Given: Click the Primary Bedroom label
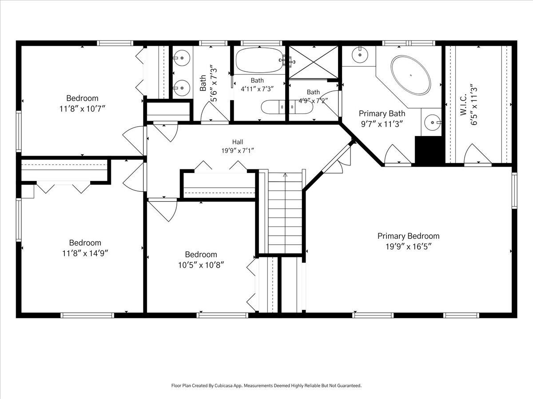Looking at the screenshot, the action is click(x=408, y=236).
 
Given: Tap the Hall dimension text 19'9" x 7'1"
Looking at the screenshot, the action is click(x=238, y=151).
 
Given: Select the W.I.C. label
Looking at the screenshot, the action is click(x=463, y=105).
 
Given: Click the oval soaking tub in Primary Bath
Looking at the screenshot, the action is click(x=411, y=75).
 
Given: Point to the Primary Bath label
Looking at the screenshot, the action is click(x=382, y=113).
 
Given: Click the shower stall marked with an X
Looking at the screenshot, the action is click(x=314, y=62).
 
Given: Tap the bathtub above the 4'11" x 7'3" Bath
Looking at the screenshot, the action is click(x=260, y=60).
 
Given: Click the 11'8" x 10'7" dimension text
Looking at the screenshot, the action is click(x=83, y=109).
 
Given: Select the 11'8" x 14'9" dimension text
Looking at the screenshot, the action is click(x=85, y=254).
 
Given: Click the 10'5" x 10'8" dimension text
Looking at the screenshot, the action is click(x=201, y=265).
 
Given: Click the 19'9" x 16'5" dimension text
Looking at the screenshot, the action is click(x=409, y=246).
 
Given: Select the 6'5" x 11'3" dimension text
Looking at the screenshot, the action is click(x=474, y=105).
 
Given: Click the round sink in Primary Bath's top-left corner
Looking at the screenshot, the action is click(x=360, y=55).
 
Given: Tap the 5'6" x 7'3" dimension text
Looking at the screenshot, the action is click(x=213, y=83).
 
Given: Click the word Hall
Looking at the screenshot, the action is click(x=238, y=142).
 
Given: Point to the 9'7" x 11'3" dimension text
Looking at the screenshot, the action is click(x=382, y=124).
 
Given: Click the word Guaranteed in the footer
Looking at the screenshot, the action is click(x=351, y=385).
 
